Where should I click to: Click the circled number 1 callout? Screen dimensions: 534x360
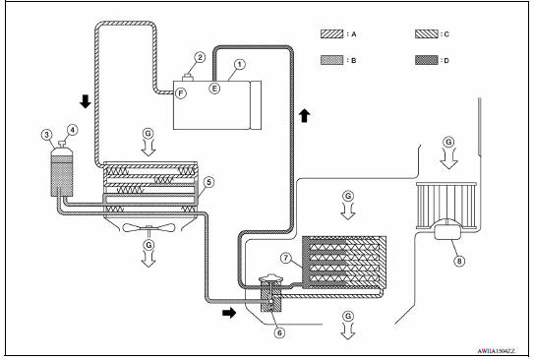[240, 64]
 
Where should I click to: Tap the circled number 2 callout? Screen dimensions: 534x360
[200, 57]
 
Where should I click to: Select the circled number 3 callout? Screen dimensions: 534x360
[46, 135]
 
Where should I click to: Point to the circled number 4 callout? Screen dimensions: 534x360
[72, 130]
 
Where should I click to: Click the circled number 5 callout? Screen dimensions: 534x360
[208, 182]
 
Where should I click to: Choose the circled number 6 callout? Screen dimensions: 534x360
[279, 332]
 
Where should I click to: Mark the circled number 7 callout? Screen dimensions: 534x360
[286, 258]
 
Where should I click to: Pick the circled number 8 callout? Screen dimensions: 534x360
[459, 261]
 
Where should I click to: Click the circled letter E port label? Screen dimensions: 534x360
[214, 89]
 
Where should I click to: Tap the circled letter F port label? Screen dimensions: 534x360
[181, 93]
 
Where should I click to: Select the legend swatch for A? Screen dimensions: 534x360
[331, 34]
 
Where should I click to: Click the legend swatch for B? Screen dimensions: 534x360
[331, 60]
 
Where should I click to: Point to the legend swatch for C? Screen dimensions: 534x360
[427, 34]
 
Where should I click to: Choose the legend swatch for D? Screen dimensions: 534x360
[427, 60]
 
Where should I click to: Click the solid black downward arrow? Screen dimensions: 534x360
[86, 101]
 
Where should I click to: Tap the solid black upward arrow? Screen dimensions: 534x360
[305, 116]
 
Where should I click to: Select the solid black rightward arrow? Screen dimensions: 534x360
[229, 313]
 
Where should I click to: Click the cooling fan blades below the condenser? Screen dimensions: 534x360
[148, 228]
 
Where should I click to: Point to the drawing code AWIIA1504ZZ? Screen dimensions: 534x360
[496, 351]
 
